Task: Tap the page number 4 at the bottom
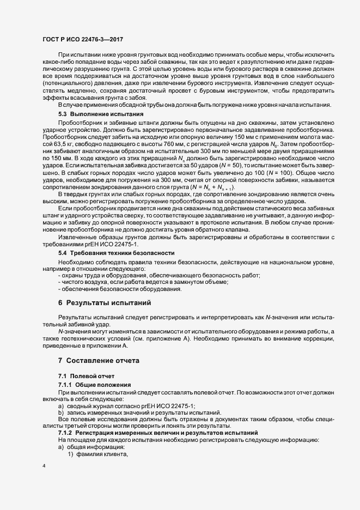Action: point(44,466)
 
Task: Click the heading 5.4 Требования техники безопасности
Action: point(117,253)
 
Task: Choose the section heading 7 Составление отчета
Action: point(99,361)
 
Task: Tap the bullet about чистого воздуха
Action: point(143,282)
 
